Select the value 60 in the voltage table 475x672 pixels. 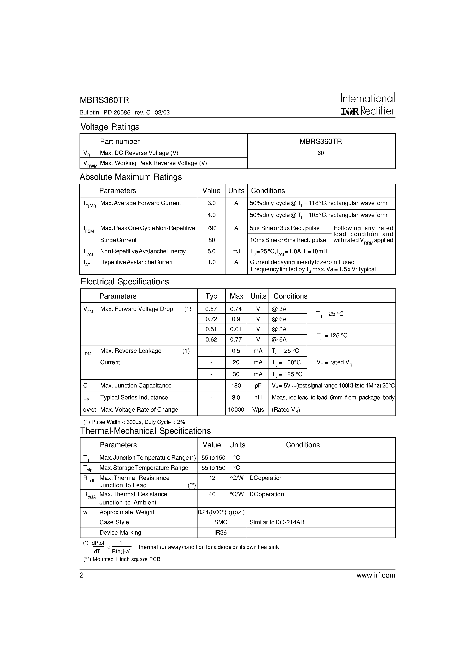click(321, 153)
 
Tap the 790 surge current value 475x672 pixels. click(212, 228)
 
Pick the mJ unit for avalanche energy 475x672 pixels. click(236, 251)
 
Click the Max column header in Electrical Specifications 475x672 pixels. click(236, 296)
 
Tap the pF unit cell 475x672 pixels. click(258, 386)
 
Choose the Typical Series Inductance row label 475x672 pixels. click(134, 397)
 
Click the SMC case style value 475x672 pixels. click(220, 522)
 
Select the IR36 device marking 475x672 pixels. click(220, 532)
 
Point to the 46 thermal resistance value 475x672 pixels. click(212, 494)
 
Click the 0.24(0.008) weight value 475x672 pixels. click(212, 512)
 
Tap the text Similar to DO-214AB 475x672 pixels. click(277, 522)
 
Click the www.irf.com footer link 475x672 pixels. click(376, 575)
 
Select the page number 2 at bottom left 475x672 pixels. click(82, 575)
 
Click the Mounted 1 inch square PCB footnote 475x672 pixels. click(122, 559)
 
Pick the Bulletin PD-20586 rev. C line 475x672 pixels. click(124, 112)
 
